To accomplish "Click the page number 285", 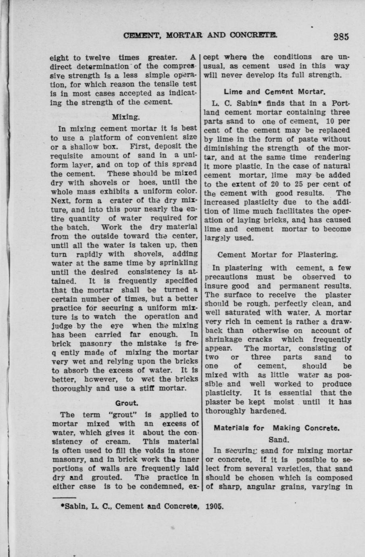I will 340,36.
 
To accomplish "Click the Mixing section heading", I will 125,117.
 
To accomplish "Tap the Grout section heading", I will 127,403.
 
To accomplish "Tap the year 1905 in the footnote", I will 214,505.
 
